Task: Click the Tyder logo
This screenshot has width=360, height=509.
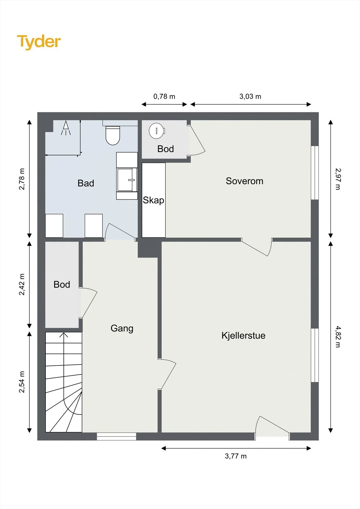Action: click(39, 42)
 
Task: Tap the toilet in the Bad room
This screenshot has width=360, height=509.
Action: click(113, 136)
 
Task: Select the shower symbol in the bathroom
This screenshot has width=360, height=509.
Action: click(66, 128)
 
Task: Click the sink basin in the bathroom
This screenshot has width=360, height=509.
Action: click(127, 179)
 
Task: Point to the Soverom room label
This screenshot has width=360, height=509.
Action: click(244, 181)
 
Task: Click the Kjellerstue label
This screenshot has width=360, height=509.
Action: click(243, 336)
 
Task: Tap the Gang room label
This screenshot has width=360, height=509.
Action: click(122, 329)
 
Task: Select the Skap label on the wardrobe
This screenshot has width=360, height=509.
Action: click(153, 200)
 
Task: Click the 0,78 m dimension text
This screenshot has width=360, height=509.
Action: click(164, 97)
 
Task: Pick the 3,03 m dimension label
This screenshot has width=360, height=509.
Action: click(250, 97)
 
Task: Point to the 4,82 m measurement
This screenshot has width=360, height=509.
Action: click(338, 337)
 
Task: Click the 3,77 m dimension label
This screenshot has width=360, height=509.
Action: click(236, 456)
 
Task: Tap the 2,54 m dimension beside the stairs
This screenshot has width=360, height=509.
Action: click(22, 382)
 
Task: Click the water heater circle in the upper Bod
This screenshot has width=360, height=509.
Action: click(157, 131)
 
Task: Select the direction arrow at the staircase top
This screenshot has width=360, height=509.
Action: click(64, 335)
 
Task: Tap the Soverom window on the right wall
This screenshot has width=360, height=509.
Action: click(315, 173)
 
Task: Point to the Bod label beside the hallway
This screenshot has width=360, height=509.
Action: click(62, 284)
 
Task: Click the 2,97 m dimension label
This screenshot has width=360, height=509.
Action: click(338, 179)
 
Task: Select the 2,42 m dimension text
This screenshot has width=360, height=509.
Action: click(22, 284)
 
